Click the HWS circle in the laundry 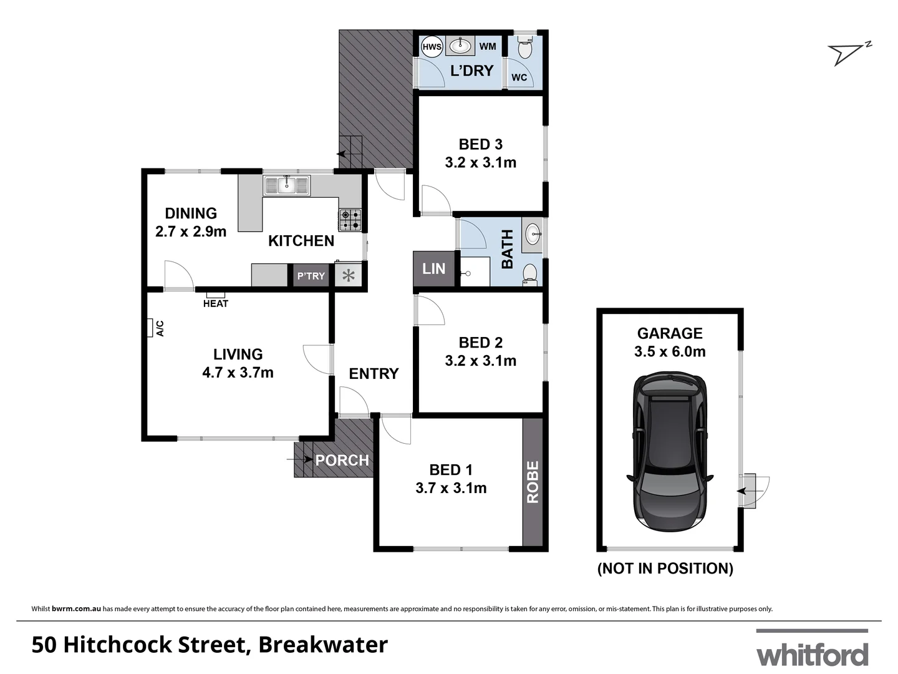432,47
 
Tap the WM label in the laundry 488,46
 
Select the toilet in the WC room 525,49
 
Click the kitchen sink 287,185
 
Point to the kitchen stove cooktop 350,219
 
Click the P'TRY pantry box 311,276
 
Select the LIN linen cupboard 434,269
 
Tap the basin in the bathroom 533,235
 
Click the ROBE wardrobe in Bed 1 533,482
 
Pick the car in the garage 670,452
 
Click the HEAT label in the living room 216,303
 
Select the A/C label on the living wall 160,328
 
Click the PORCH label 342,461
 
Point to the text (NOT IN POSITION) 665,569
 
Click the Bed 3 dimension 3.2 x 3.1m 480,162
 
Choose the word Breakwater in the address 323,645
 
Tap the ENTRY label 374,373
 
